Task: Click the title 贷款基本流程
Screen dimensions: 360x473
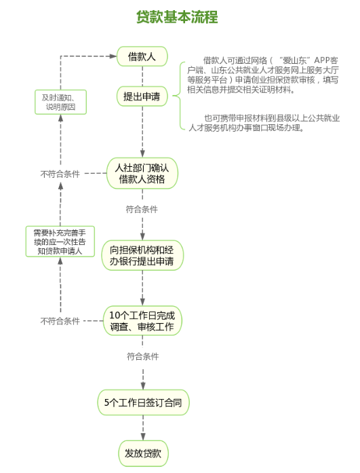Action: [x=177, y=17]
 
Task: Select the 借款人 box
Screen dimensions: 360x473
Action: [x=142, y=56]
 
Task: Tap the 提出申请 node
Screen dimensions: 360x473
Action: [x=142, y=96]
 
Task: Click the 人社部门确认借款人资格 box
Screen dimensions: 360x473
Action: [x=142, y=173]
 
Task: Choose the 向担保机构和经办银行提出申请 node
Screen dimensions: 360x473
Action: [x=142, y=255]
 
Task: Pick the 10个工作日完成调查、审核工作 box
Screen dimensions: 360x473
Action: [x=142, y=321]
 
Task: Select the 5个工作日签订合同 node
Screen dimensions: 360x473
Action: [x=143, y=402]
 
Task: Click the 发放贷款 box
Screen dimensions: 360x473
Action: [x=143, y=453]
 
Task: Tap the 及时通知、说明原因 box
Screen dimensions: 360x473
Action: [x=60, y=102]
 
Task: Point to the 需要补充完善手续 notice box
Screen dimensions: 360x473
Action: [x=60, y=242]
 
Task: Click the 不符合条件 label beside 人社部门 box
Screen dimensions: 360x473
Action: [x=60, y=174]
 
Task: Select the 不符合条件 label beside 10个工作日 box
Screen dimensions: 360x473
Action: [x=60, y=321]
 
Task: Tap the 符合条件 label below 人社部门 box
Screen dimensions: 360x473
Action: [x=142, y=209]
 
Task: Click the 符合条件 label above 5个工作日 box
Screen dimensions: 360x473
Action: [x=143, y=356]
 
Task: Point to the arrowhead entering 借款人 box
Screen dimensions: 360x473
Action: [x=113, y=56]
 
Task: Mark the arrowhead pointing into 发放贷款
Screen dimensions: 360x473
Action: [x=143, y=436]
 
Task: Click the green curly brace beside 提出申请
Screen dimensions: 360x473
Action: [x=179, y=96]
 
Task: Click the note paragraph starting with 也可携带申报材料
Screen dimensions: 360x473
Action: [x=264, y=123]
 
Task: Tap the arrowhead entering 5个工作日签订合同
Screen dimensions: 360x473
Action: [x=143, y=386]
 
